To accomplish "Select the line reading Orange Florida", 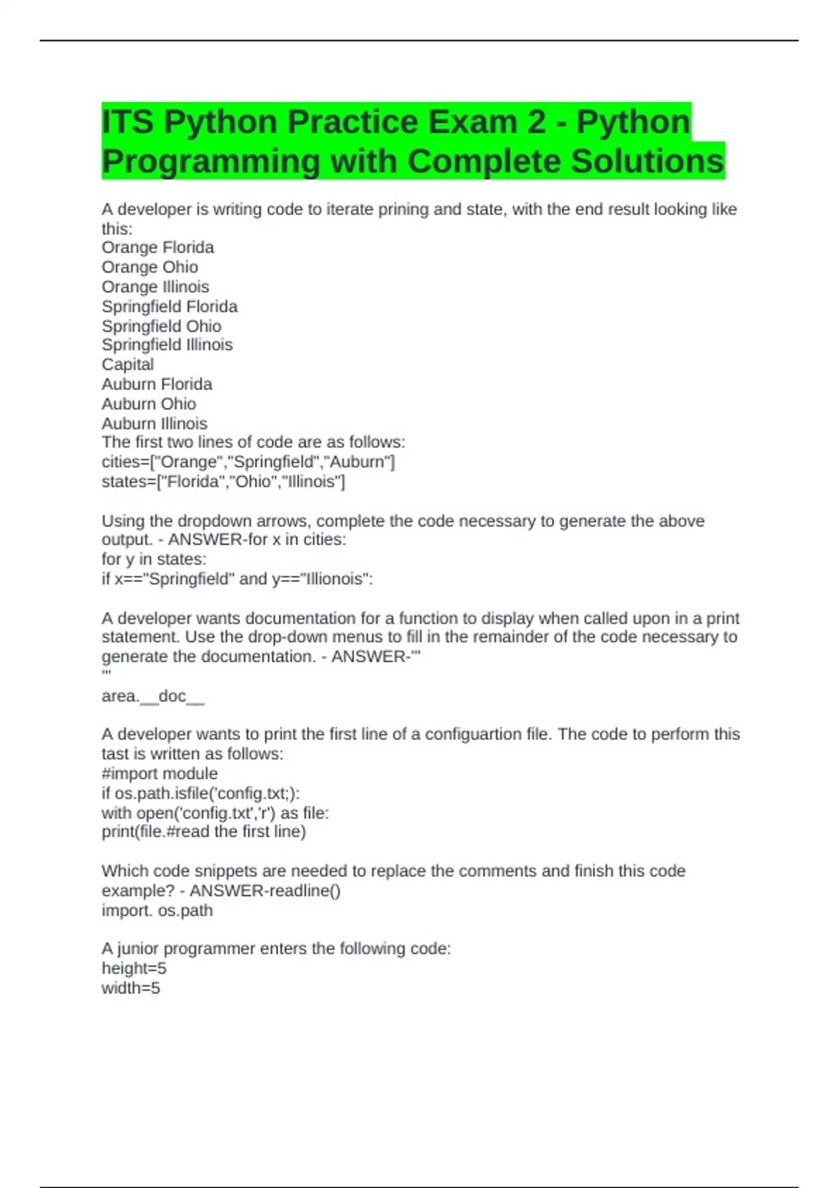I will coord(158,247).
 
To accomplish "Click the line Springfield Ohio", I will coord(162,326).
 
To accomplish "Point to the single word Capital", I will coord(128,365).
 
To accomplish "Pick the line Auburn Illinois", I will coord(155,423).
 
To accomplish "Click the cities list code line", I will coord(248,462).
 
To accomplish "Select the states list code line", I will coord(223,481).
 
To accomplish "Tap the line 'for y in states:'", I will coord(154,559).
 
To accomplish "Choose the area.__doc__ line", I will coord(153,696).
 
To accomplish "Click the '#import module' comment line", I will coord(159,774).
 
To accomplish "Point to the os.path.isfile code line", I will coord(201,793).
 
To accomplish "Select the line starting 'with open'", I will coord(215,813).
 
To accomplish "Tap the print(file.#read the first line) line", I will coord(203,832).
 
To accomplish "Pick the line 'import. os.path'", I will coord(157,911).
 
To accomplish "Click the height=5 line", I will coord(134,969).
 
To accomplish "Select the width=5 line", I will coord(131,988).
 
